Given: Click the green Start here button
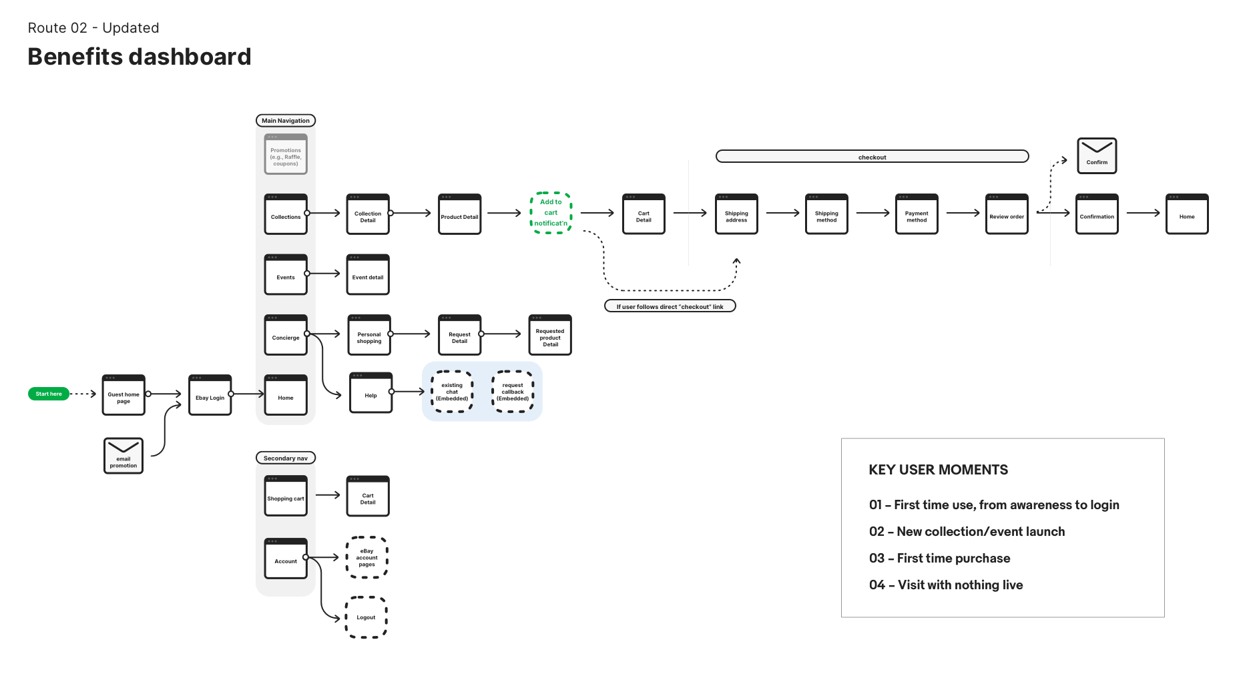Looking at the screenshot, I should coord(49,394).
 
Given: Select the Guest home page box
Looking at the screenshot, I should coord(123,396).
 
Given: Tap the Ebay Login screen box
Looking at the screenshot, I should coord(210,396).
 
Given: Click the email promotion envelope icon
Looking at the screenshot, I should coord(123,456).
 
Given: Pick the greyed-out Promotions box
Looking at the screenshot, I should coord(286,155).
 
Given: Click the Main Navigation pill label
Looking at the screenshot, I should coord(286,121).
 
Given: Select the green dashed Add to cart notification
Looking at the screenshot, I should coord(551,213).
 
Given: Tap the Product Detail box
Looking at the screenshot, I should coord(459,215).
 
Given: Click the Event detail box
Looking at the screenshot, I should coord(368,275).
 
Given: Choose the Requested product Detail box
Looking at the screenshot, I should coord(550,336).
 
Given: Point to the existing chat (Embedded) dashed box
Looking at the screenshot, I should coord(452,392).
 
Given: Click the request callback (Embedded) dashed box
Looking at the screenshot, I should coord(513,392).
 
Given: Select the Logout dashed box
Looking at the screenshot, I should coord(366,617).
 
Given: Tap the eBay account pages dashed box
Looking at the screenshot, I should coord(366,557).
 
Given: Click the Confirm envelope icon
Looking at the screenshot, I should coord(1097,155).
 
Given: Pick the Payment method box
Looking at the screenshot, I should coord(917,215).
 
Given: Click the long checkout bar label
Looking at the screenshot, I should coord(872,157).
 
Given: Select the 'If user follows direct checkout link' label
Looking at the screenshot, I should coord(670,306).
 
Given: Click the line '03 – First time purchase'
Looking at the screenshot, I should coord(939,559).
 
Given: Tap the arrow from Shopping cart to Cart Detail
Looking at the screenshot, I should coord(328,495).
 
